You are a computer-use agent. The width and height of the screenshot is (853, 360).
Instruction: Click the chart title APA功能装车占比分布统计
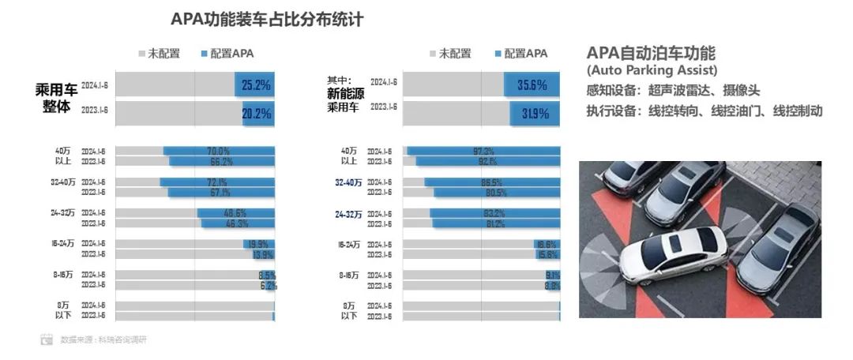point(267,20)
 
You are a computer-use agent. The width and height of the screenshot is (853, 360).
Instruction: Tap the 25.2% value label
point(257,84)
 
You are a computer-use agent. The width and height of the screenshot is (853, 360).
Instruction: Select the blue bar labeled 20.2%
point(258,114)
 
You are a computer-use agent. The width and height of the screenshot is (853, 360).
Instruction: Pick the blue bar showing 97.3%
point(483,151)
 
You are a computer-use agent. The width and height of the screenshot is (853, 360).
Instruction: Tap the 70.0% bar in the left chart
point(219,151)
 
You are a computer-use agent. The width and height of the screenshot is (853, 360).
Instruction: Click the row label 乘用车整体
point(54,98)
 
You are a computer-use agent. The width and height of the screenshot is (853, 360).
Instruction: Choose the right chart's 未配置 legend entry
point(449,54)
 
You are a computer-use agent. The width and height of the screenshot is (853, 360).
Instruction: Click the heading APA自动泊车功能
point(651,54)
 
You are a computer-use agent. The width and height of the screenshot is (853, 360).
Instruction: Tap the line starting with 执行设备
point(704,111)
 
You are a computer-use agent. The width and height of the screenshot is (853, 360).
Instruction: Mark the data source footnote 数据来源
point(103,339)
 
